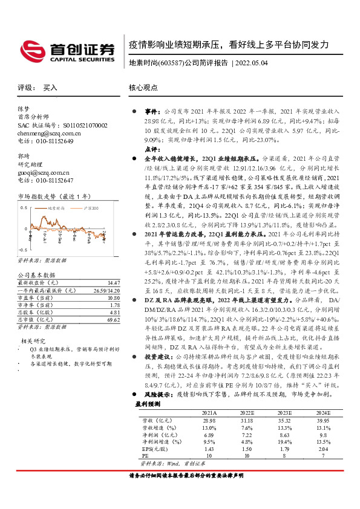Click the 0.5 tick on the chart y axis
point(23,207)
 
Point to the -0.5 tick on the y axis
point(22,249)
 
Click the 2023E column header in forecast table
point(284,412)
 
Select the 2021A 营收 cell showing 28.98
point(209,419)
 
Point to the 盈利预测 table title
point(147,403)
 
